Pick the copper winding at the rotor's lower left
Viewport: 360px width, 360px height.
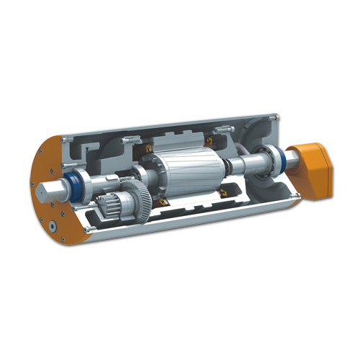click(163, 204)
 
